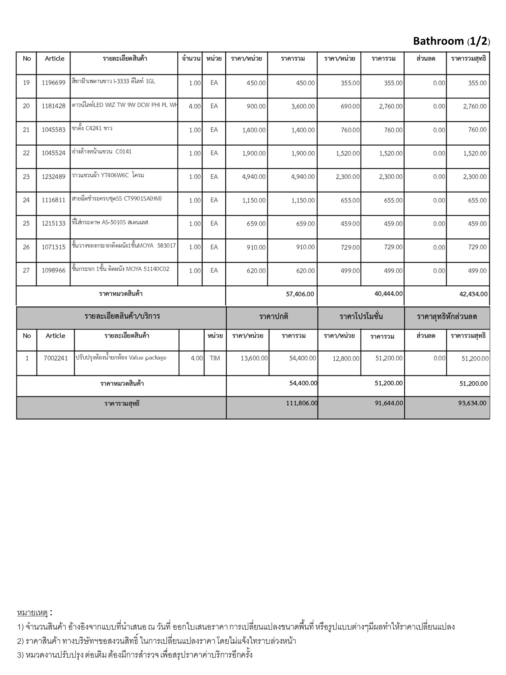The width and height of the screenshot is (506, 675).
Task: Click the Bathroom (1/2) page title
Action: pos(451,41)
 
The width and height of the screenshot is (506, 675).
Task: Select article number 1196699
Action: pos(53,83)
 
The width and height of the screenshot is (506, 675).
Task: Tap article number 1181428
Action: pos(53,106)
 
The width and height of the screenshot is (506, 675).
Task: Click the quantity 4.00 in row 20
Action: pos(195,106)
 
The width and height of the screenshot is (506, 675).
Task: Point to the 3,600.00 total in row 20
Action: pos(303,106)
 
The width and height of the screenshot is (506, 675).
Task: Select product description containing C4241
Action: pos(92,129)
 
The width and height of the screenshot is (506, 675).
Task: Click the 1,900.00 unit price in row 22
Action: pos(254,153)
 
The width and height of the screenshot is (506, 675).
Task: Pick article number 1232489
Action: pos(53,177)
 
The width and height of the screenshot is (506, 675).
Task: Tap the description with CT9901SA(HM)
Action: pos(117,199)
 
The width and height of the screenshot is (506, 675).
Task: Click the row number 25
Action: pos(26,224)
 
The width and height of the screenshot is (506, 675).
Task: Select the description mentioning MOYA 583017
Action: pos(124,246)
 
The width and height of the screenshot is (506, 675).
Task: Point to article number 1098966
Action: pos(53,271)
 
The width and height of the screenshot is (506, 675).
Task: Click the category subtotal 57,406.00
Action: pos(300,294)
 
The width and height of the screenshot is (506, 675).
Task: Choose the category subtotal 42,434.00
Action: pos(473,294)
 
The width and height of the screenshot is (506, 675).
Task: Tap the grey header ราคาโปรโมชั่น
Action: pos(361,317)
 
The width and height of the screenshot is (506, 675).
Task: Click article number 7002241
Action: pos(55,358)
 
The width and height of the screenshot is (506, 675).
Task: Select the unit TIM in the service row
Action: pos(215,358)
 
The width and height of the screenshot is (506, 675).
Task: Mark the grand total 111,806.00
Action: pos(302,403)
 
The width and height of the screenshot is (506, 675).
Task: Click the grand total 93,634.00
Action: pos(472,403)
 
